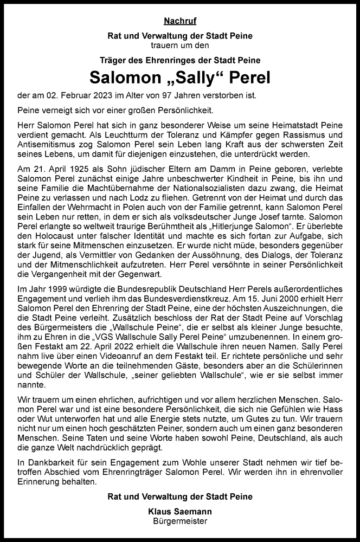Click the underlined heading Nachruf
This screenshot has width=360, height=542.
pos(179,22)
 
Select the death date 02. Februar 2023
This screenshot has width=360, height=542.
pos(83,96)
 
